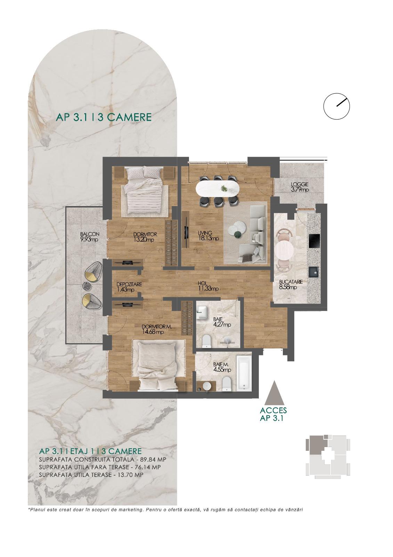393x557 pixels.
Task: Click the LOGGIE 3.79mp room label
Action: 300,187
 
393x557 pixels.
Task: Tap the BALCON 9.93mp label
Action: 90,237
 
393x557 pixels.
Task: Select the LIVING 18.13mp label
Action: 208,235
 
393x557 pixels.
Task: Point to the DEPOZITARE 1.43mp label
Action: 129,287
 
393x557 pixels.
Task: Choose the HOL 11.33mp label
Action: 208,286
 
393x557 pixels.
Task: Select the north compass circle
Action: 336,106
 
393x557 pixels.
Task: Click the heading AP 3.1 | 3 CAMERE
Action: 104,117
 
